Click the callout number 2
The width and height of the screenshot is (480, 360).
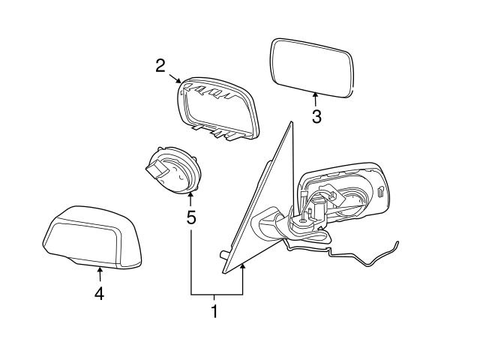(x=160, y=65)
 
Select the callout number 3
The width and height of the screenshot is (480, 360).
(x=316, y=117)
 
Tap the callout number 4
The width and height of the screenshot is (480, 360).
(x=99, y=293)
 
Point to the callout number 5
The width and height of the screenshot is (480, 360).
(x=190, y=218)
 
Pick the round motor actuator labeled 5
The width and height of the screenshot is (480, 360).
(x=173, y=171)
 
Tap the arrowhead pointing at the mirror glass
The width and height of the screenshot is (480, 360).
(x=316, y=95)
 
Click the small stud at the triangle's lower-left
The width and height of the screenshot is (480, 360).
(x=223, y=254)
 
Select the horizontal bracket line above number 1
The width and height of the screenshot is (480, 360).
(x=217, y=294)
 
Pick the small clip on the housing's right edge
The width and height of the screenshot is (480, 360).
(x=382, y=190)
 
